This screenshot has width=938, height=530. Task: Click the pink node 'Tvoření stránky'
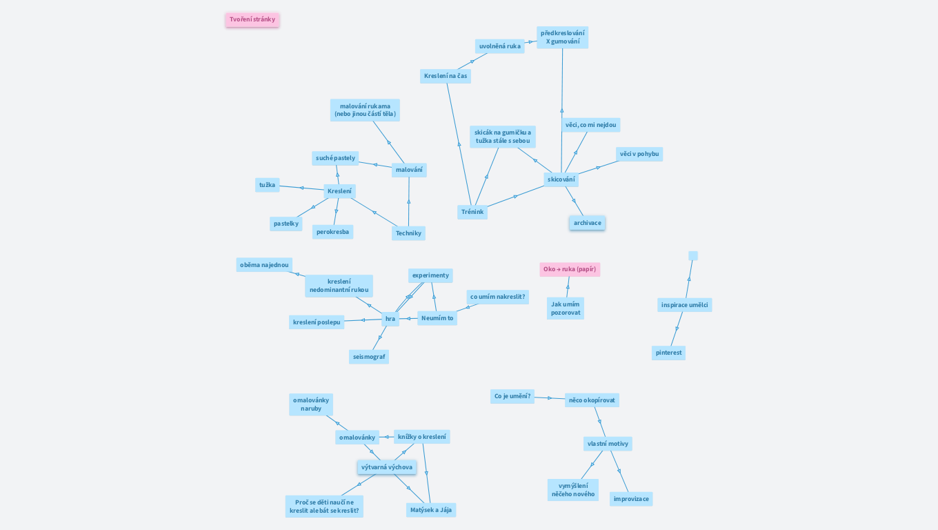click(252, 19)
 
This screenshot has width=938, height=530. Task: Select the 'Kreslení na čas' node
click(445, 76)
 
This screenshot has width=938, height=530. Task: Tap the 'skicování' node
click(561, 179)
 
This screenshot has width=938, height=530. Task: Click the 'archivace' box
click(587, 223)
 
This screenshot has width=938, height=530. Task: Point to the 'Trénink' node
click(472, 212)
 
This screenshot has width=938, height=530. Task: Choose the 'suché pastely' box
click(335, 158)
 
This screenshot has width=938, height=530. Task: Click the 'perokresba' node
click(332, 232)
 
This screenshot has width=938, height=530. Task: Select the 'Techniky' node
click(408, 233)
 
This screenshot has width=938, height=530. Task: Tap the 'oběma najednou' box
click(264, 265)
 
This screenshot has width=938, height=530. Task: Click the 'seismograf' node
click(369, 357)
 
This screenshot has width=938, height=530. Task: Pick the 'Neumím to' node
click(437, 318)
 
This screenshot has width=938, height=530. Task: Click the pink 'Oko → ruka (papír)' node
click(570, 269)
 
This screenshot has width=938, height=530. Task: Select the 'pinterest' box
click(668, 353)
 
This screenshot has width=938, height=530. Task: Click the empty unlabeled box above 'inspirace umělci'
click(693, 255)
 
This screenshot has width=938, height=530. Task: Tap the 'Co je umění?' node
click(512, 396)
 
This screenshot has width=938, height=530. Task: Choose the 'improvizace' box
click(631, 499)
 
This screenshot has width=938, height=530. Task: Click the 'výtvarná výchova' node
click(387, 467)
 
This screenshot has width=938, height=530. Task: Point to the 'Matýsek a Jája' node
click(431, 510)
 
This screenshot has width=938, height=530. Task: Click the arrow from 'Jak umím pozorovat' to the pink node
click(568, 287)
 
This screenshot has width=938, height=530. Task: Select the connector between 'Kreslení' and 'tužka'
click(301, 188)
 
